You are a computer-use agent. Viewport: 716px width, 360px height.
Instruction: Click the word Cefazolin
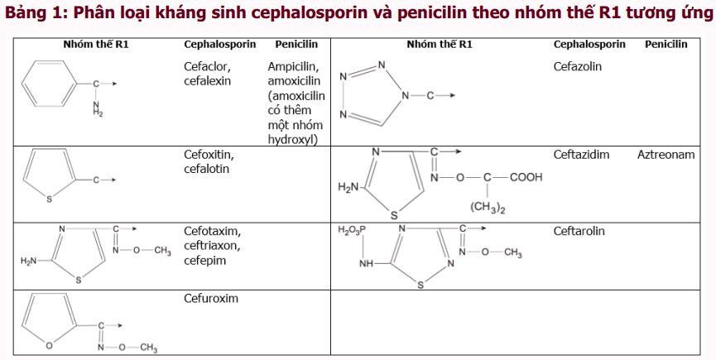pos(577,66)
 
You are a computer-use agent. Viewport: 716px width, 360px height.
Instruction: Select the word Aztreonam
pos(666,155)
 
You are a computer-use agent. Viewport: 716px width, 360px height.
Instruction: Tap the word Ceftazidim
pos(581,155)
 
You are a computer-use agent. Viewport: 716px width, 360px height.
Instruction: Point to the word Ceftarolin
pos(579,231)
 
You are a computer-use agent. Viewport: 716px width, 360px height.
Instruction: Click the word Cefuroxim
pos(211,299)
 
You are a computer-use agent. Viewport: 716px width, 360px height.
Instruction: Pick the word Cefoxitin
pos(209,155)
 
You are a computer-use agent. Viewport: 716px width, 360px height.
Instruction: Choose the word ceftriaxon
pos(212,246)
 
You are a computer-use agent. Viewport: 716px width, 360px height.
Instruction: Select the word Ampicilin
pos(293,67)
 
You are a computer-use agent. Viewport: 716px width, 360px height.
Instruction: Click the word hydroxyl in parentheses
pos(292,140)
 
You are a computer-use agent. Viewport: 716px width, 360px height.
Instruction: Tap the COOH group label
pos(526,177)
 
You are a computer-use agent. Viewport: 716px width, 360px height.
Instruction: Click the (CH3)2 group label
pos(488,208)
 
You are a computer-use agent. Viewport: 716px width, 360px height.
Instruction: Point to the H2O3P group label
pos(352,230)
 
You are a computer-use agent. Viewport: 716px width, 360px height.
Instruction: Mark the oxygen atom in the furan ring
pos(49,346)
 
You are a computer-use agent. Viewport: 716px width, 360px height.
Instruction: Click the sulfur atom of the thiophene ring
pos(49,199)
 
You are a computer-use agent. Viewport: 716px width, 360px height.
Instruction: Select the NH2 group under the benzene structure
pos(98,108)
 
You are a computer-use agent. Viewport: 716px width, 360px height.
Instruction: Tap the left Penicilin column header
pos(296,44)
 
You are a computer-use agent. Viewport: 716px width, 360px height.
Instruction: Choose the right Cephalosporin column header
pos(589,44)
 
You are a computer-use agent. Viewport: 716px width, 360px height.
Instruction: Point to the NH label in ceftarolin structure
pos(366,264)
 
